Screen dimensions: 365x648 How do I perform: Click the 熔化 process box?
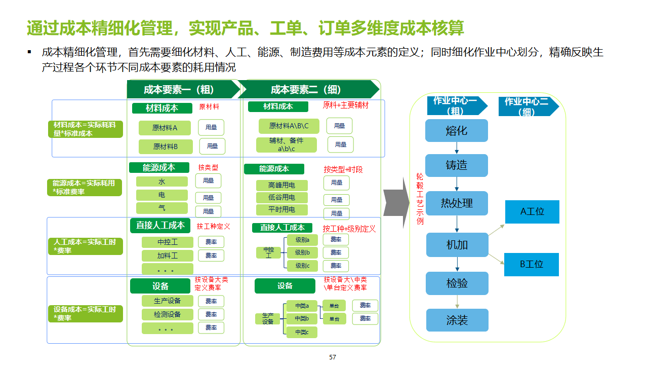coord(456,131)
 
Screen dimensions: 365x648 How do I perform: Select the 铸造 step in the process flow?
coord(456,165)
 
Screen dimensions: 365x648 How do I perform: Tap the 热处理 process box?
coord(457,203)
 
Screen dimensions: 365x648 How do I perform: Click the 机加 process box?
coord(457,245)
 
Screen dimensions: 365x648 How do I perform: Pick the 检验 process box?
coord(457,283)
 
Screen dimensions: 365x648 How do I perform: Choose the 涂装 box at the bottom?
coord(457,320)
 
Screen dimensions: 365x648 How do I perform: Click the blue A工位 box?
coord(532,212)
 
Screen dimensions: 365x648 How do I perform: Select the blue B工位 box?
coord(532,264)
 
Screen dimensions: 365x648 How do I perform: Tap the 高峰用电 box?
coord(282,185)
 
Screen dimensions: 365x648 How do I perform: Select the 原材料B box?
coord(166,147)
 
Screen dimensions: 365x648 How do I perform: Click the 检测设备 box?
coord(167,314)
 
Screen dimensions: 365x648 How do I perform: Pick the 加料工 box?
coord(167,255)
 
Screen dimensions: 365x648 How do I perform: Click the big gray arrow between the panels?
coord(396,203)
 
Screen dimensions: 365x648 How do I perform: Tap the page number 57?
coord(333,357)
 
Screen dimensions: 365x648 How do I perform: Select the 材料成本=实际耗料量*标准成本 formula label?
coord(88,129)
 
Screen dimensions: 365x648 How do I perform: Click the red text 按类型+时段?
coord(343,169)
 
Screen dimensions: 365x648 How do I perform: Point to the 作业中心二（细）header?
coord(526,106)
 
